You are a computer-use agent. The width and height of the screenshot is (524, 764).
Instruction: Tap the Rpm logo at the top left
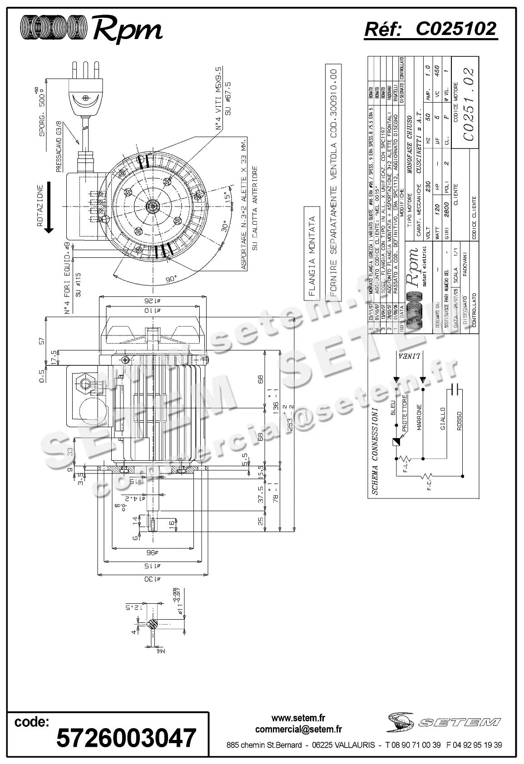pyautogui.click(x=91, y=29)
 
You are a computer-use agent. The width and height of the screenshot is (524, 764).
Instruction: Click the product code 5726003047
pyautogui.click(x=126, y=737)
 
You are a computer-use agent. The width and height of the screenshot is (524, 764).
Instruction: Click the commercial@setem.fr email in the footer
pyautogui.click(x=298, y=729)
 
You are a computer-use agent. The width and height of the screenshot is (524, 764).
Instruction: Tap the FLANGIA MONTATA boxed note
pyautogui.click(x=311, y=256)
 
